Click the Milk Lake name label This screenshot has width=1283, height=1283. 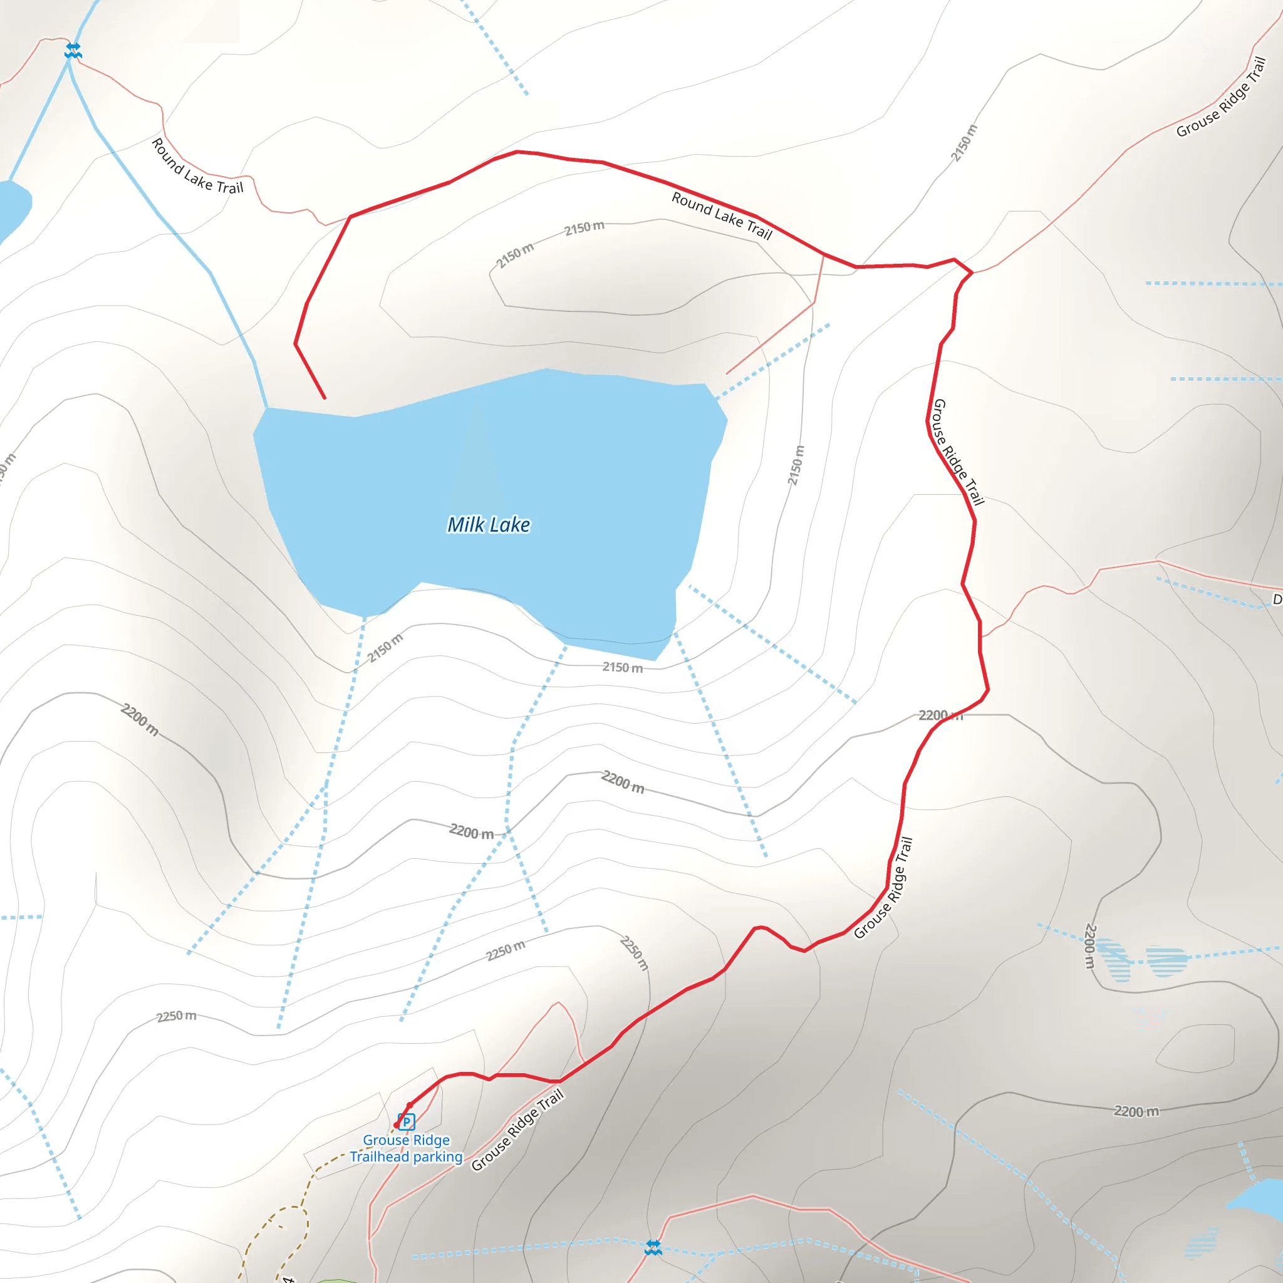(489, 524)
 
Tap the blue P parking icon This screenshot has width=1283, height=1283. (407, 1121)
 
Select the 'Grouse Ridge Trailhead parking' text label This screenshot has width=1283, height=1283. (407, 1148)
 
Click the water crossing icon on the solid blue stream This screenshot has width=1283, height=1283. (73, 51)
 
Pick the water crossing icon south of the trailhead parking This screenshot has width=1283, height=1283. (653, 1248)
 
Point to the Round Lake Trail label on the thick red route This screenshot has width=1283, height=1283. (721, 215)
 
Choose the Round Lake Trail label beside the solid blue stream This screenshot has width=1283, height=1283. (197, 166)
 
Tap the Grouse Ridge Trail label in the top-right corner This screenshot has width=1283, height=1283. (1222, 97)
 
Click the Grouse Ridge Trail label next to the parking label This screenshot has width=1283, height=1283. (517, 1130)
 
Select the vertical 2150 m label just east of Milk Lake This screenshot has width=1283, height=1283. (796, 465)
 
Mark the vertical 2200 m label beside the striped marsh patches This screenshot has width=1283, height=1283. (1090, 945)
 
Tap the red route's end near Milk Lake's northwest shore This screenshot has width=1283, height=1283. (324, 398)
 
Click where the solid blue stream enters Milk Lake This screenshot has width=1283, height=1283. (266, 407)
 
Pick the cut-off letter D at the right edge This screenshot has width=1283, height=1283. (1277, 600)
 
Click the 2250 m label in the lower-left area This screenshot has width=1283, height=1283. (176, 1017)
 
